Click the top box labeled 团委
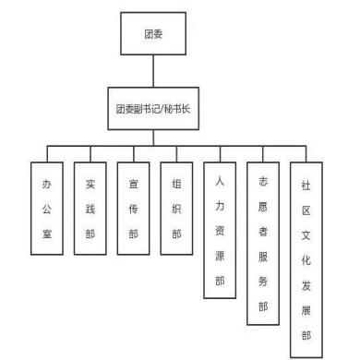(153, 33)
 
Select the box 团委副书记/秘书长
(153, 108)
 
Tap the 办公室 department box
(47, 209)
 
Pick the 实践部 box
(90, 209)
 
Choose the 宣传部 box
(133, 209)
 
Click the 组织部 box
(176, 209)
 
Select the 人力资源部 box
(220, 230)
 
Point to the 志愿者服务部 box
(263, 244)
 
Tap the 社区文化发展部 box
(306, 260)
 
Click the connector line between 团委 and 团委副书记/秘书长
(153, 71)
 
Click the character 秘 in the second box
(169, 109)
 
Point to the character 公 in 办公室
(47, 210)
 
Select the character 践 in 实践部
(90, 210)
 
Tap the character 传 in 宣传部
(133, 210)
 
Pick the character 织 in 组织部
(176, 210)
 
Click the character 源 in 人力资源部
(220, 256)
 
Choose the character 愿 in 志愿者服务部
(263, 207)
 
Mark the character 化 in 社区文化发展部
(306, 260)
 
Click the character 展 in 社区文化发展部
(306, 310)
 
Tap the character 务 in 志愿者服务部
(263, 282)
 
